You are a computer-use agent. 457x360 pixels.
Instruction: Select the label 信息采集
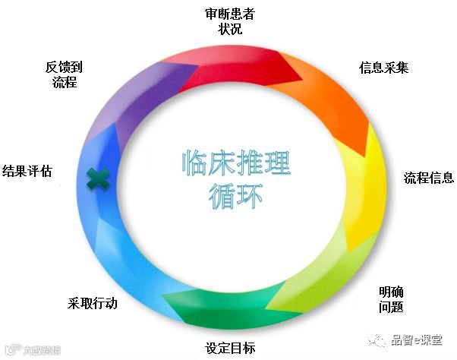point(383,68)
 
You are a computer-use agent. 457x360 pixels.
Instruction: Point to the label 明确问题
point(390,299)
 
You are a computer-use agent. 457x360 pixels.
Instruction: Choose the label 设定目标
point(229,349)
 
